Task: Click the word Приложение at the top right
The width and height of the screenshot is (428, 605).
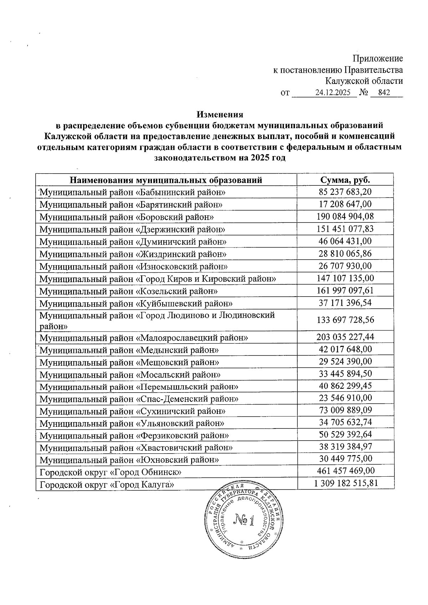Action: point(378,58)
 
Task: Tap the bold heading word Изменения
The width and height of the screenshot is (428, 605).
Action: point(220,114)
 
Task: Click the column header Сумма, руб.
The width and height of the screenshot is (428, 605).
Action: point(345,180)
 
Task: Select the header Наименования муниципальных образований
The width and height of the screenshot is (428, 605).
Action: point(166,180)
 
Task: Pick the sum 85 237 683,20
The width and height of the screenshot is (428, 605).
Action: point(345,192)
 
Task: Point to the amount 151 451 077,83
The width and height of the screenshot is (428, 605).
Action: point(345,229)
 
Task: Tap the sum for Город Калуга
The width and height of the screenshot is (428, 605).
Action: point(346,483)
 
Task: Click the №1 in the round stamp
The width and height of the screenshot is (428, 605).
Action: point(245,521)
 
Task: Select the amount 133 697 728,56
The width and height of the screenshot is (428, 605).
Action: point(345,320)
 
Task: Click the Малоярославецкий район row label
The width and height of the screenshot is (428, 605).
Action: point(144,337)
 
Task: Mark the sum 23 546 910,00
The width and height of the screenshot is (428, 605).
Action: point(345,398)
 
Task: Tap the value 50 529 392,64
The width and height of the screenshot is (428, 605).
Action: point(345,435)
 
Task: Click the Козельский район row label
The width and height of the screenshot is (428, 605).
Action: point(129,291)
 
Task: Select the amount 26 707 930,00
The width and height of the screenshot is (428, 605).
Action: point(345,266)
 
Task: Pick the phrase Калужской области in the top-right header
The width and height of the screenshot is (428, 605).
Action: point(364,81)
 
